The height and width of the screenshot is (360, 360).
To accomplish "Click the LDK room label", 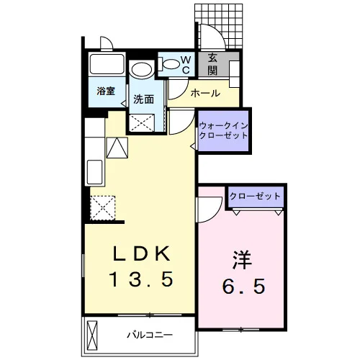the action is click(142, 253).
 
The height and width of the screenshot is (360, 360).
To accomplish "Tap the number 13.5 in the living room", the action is click(141, 279).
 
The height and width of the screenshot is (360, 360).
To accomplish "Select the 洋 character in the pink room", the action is click(243, 260).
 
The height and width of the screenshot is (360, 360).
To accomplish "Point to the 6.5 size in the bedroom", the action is click(244, 286).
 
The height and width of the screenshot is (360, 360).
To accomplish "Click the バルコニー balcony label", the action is click(150, 335).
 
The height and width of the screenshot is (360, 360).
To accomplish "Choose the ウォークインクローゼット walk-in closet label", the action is click(224, 130).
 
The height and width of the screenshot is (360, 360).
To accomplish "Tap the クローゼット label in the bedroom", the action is click(255, 197).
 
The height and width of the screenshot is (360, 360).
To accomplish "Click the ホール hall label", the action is click(205, 93).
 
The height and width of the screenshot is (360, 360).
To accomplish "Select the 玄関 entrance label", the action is click(212, 64).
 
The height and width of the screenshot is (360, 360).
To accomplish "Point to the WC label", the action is click(186, 65).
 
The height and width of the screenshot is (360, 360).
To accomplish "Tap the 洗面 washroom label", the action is click(143, 99).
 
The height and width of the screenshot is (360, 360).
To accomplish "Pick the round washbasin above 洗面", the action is click(142, 70).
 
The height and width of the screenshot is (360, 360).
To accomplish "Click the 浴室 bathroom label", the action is click(106, 91).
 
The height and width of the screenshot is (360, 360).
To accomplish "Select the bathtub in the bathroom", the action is click(107, 64).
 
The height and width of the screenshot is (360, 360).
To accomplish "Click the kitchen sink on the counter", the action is click(94, 172).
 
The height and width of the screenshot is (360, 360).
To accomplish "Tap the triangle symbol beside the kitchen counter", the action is click(117, 148).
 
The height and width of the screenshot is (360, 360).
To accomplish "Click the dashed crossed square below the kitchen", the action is click(103, 208).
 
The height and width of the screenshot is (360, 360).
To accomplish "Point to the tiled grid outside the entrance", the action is click(219, 26).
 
